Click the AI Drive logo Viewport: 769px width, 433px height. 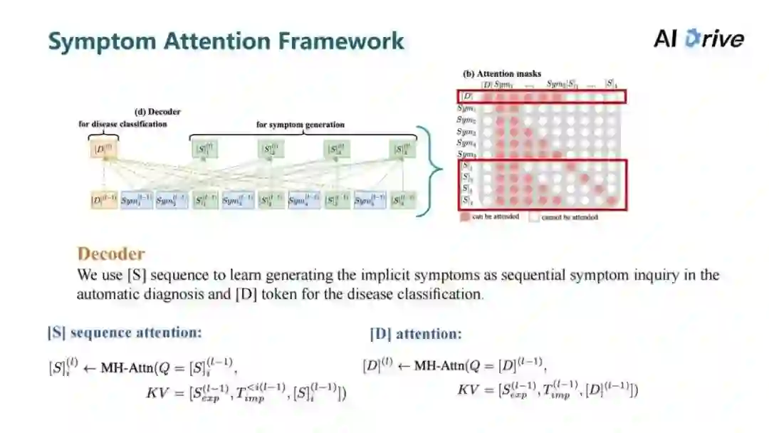(698, 38)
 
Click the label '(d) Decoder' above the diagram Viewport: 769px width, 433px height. (157, 112)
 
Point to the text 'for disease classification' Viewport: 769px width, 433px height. (122, 124)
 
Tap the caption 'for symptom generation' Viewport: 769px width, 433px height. (300, 125)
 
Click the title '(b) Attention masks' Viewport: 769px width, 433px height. (502, 73)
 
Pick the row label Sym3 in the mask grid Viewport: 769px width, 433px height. (466, 132)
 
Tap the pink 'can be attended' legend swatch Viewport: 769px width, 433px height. (465, 216)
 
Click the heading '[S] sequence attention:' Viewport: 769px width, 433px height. (125, 333)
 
